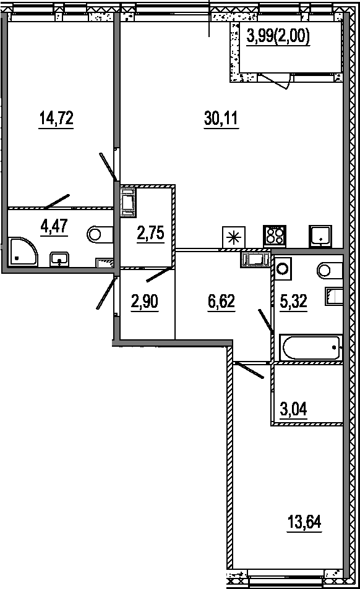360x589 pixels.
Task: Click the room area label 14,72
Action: (56, 118)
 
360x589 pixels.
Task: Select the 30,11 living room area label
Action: (221, 118)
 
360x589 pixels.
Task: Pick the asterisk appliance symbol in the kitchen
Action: (233, 237)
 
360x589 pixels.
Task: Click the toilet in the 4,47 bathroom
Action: (100, 234)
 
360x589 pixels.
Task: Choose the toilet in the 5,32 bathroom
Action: (329, 270)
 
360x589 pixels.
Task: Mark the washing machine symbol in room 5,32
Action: (283, 269)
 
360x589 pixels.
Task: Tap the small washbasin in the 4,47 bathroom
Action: (59, 259)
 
